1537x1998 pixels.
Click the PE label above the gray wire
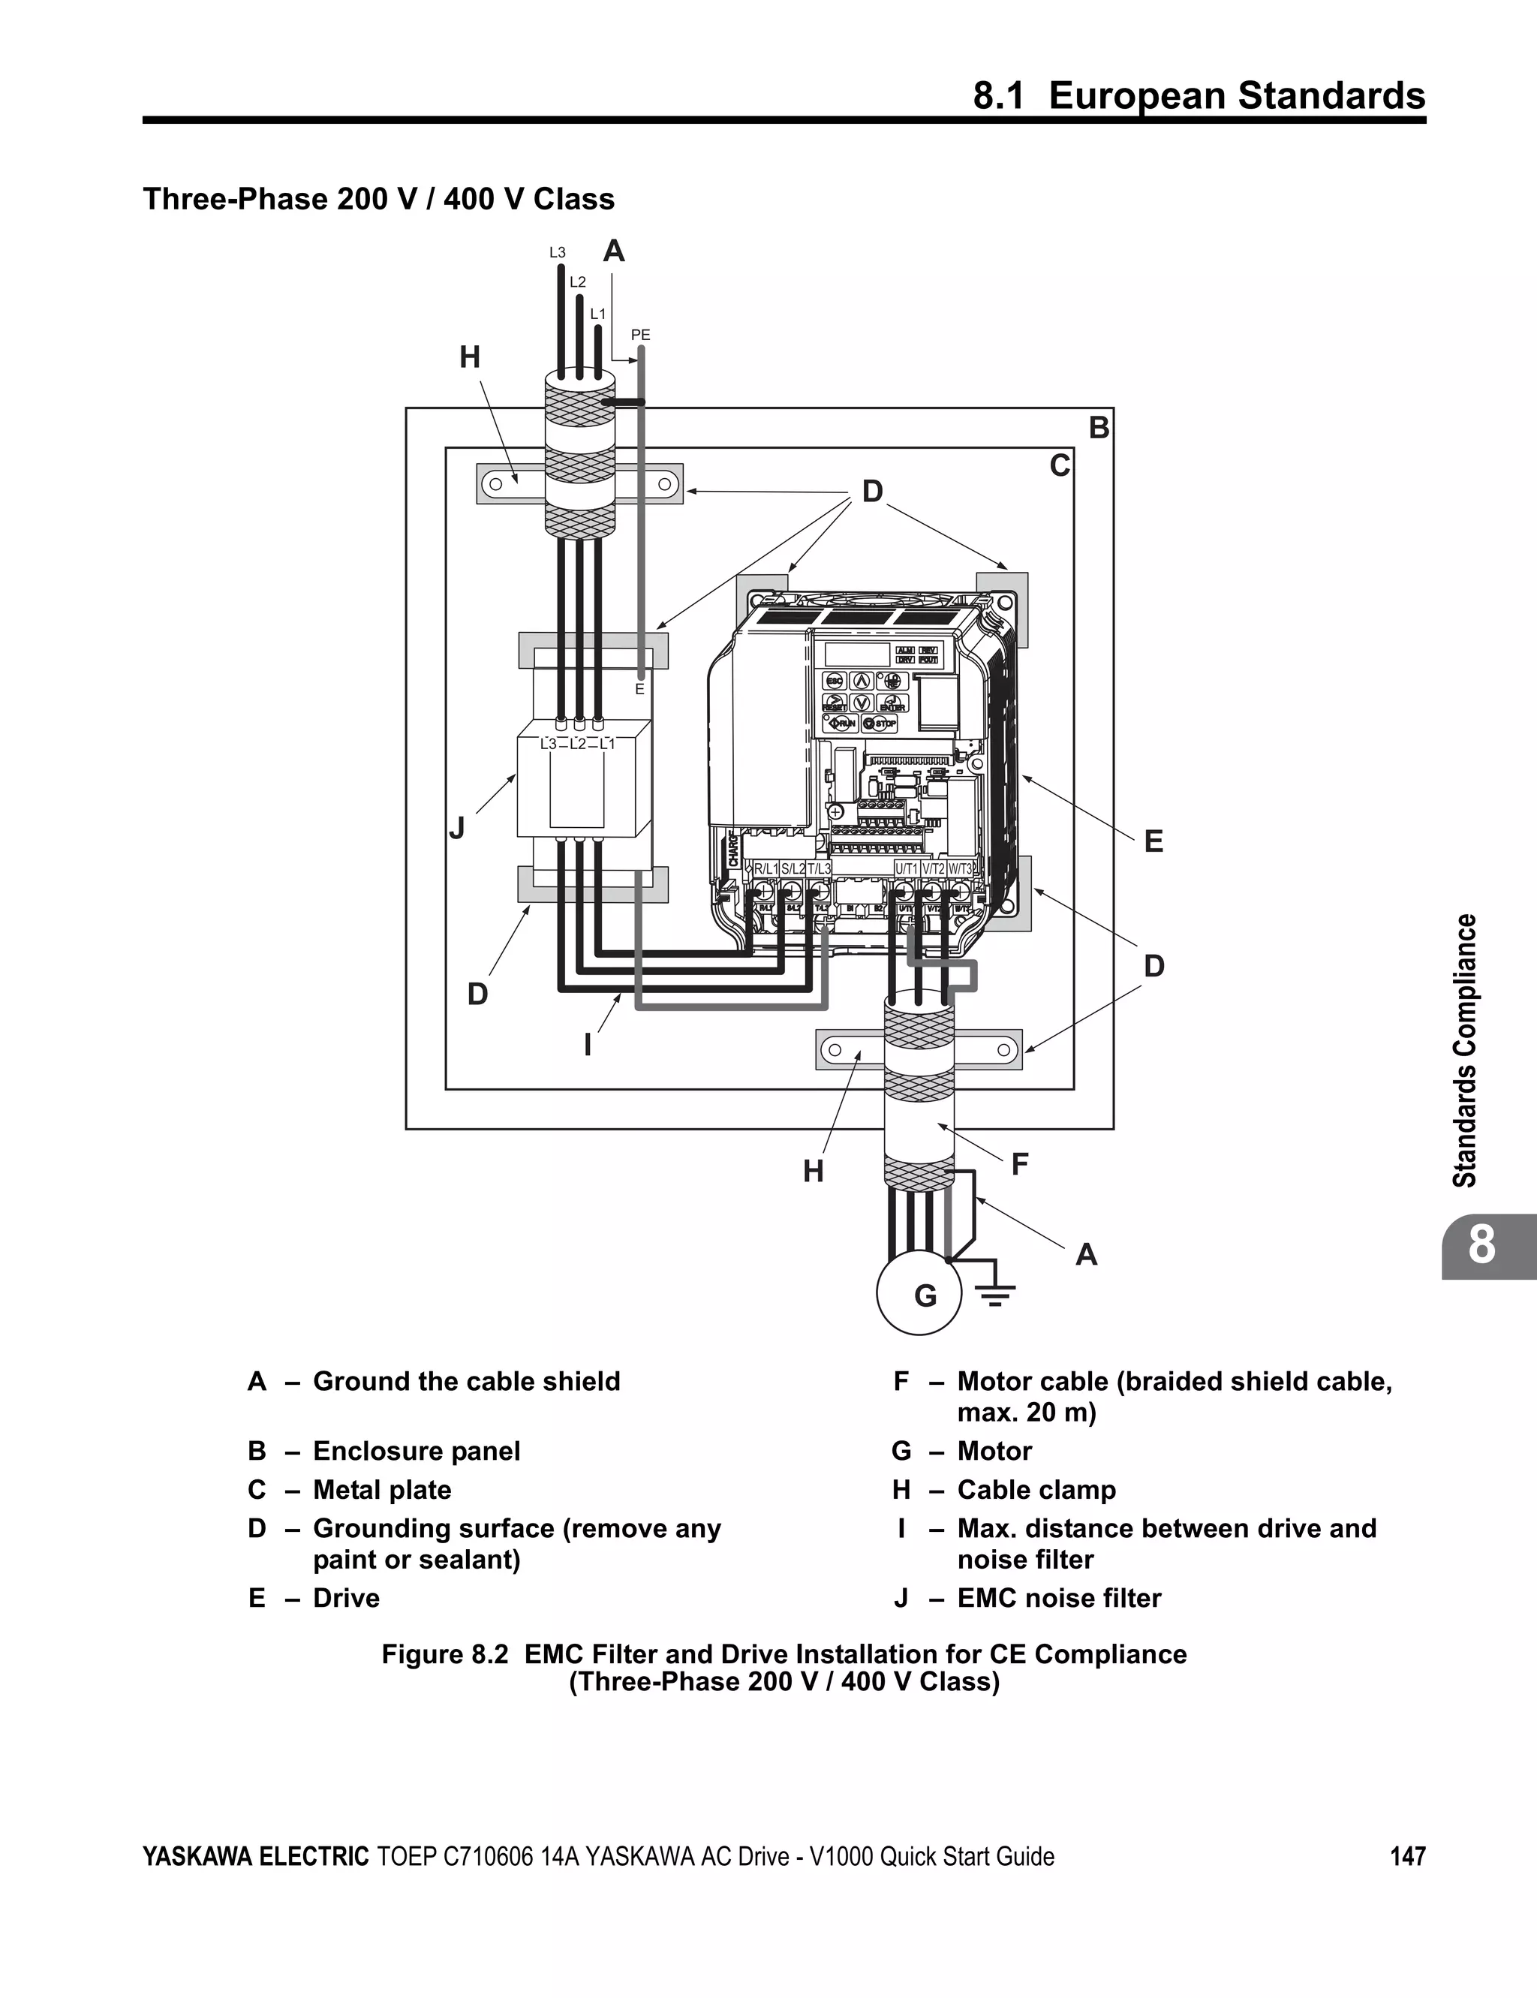click(x=640, y=336)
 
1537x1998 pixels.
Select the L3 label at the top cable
click(x=557, y=252)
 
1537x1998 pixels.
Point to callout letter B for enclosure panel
click(x=1099, y=428)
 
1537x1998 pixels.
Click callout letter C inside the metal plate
click(x=1060, y=467)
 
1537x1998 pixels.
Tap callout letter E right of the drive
click(x=1154, y=841)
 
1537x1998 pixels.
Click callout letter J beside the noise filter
click(x=456, y=829)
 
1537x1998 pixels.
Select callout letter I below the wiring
click(x=588, y=1045)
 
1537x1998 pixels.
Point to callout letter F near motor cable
click(x=1020, y=1165)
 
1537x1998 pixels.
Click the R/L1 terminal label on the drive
click(x=765, y=868)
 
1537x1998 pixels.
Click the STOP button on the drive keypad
click(x=880, y=724)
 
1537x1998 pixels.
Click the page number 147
click(x=1407, y=1856)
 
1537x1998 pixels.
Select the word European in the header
click(x=1135, y=96)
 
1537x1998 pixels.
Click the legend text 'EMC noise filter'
click(x=1058, y=1598)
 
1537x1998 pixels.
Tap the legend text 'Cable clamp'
click(x=1036, y=1491)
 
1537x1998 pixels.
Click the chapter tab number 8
click(x=1482, y=1245)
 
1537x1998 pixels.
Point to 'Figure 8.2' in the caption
click(x=444, y=1654)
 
